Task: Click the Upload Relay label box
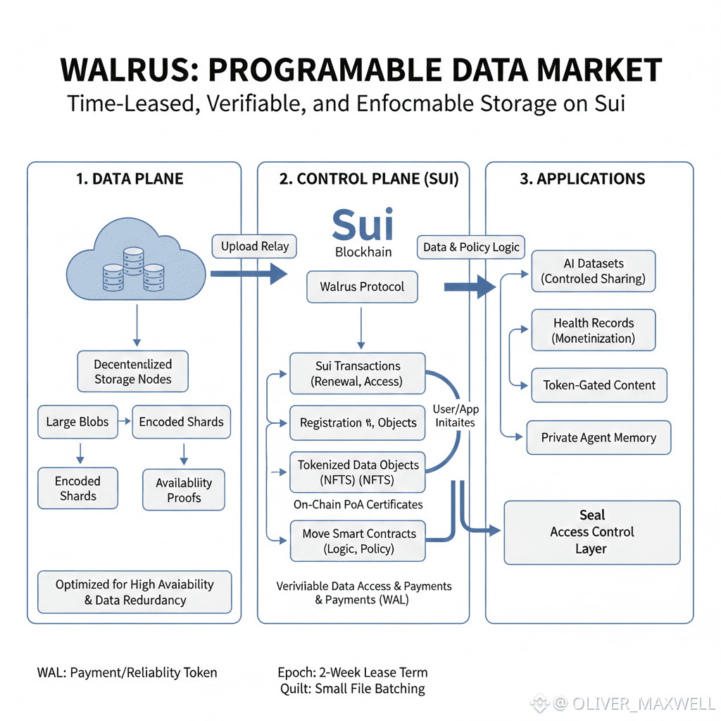coord(254,246)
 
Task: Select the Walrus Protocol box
coord(362,287)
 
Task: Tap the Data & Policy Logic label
coord(471,246)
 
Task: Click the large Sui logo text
coord(362,223)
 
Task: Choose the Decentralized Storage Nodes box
coord(132,371)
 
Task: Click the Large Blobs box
coord(77,422)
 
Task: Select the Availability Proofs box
coord(183,489)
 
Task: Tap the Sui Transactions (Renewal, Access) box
coord(357,374)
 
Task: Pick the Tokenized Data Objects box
coord(357,472)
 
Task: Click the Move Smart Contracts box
coord(358,541)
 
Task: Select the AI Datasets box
coord(593,271)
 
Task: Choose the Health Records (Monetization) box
coord(593,330)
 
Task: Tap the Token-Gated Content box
coord(598,385)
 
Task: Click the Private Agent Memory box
coord(598,437)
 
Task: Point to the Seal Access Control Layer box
coord(592,532)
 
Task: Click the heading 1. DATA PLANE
coord(130,178)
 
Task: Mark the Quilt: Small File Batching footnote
coord(351,689)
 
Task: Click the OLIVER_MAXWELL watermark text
coord(644,703)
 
